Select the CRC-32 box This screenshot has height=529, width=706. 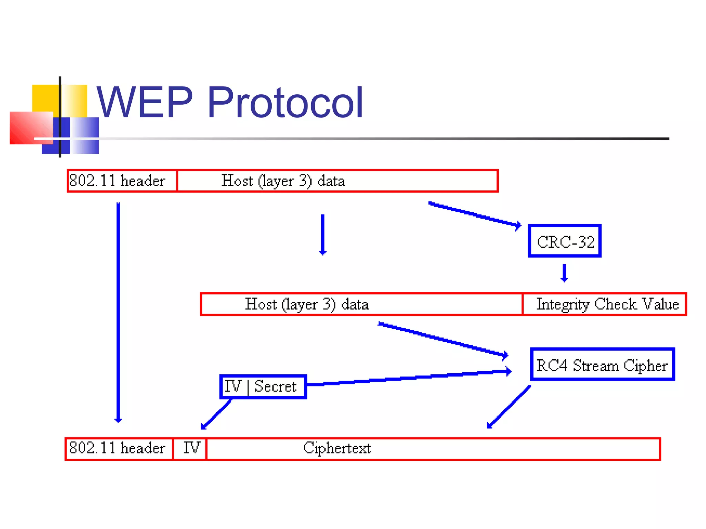tap(564, 241)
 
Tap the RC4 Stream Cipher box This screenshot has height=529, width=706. tap(602, 364)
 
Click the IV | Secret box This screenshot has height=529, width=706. tap(263, 386)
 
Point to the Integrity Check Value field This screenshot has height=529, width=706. tap(604, 304)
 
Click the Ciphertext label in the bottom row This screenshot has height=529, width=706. tap(337, 448)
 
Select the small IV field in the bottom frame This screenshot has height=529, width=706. tap(190, 448)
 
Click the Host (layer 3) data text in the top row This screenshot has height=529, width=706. tap(283, 181)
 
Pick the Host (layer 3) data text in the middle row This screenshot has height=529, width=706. tap(306, 304)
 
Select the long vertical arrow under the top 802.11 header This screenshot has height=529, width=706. tap(118, 310)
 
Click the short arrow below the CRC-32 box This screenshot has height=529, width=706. tap(564, 273)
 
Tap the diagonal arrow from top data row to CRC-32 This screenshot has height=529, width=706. tap(474, 214)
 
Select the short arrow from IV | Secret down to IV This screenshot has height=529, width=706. tap(216, 414)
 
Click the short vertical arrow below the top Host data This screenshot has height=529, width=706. tap(323, 234)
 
